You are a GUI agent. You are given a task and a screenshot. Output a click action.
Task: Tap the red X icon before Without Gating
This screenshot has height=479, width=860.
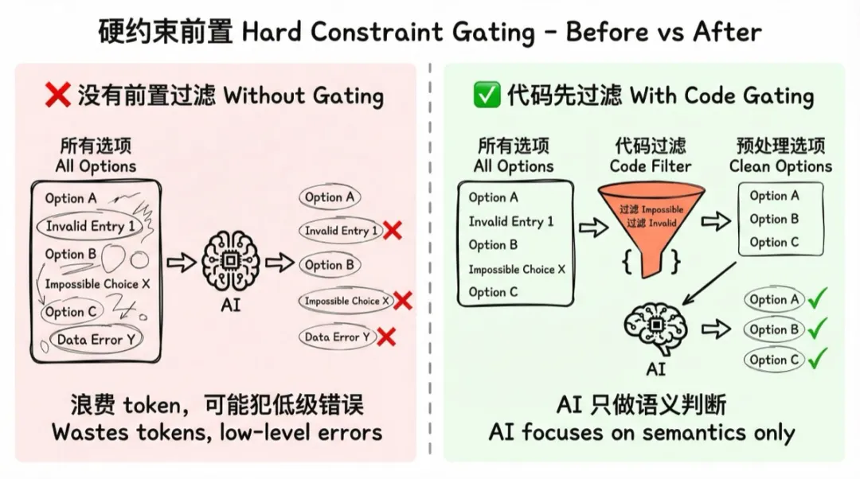pyautogui.click(x=57, y=96)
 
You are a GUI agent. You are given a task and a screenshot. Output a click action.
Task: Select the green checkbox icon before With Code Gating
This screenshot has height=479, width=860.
pyautogui.click(x=486, y=96)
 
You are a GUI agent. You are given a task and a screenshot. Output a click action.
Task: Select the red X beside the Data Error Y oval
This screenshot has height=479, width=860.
pyautogui.click(x=387, y=337)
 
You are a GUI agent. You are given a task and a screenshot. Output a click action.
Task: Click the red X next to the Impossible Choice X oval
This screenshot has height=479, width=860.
pyautogui.click(x=403, y=301)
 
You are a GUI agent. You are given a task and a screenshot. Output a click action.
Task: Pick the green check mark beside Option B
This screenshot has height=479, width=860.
pyautogui.click(x=818, y=328)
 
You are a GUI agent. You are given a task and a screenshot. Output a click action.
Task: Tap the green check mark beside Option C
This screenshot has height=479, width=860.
pyautogui.click(x=818, y=359)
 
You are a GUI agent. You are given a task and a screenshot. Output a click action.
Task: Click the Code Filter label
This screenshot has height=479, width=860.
pyautogui.click(x=651, y=166)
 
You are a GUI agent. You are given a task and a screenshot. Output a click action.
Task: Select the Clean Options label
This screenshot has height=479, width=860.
pyautogui.click(x=780, y=166)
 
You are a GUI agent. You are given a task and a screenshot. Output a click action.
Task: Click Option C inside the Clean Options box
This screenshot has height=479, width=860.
pyautogui.click(x=774, y=242)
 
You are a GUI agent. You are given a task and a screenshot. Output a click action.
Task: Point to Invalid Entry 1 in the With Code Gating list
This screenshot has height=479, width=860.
pyautogui.click(x=510, y=221)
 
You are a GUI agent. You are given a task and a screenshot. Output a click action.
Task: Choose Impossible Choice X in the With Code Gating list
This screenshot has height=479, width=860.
pyautogui.click(x=516, y=269)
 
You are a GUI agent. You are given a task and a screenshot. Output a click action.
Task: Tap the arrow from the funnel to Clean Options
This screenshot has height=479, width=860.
pyautogui.click(x=714, y=222)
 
